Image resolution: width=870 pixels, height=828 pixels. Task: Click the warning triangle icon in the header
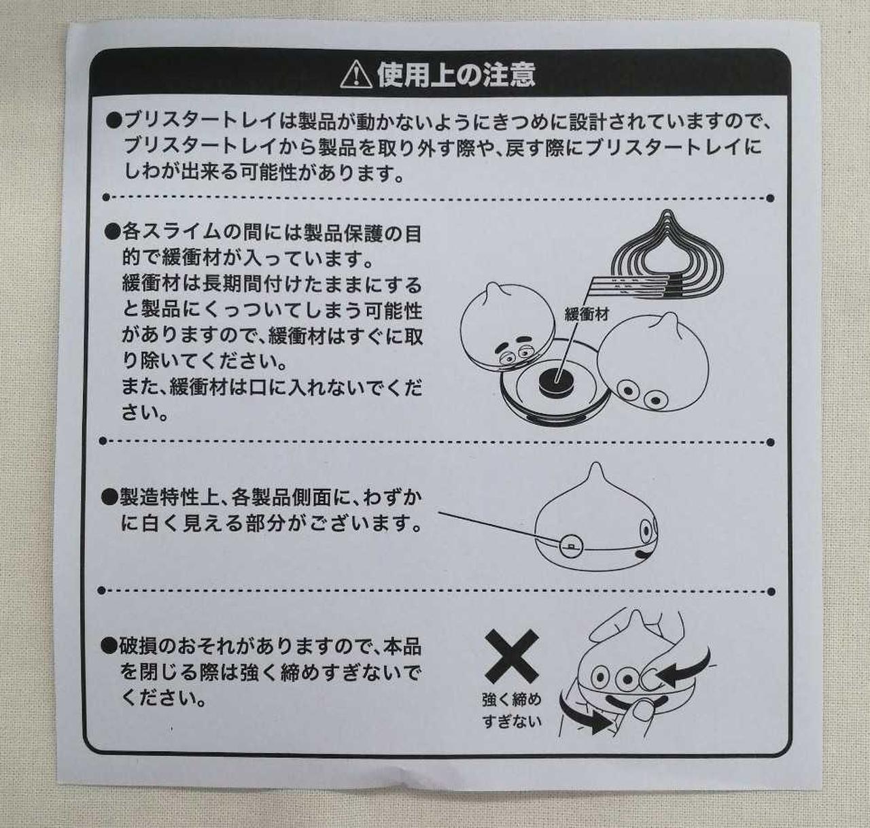pos(356,75)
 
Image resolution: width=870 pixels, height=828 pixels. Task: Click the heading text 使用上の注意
pos(456,74)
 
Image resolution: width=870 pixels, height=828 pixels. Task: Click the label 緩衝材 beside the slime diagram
pos(587,314)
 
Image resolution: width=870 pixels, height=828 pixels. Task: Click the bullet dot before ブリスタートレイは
pos(114,121)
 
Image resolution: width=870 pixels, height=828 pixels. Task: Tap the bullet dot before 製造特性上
pos(109,498)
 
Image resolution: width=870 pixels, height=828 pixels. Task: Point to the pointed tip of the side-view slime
pos(596,466)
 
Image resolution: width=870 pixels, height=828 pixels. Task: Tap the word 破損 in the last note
pos(137,648)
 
